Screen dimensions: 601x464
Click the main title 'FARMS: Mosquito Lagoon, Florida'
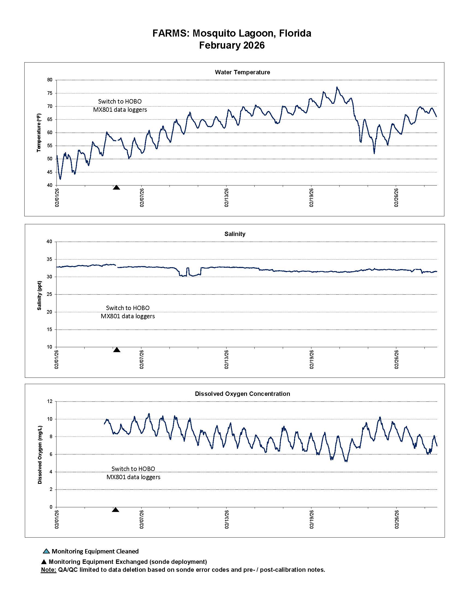pyautogui.click(x=232, y=33)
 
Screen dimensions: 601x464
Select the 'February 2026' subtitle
pyautogui.click(x=232, y=45)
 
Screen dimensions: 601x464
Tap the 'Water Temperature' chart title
pyautogui.click(x=242, y=72)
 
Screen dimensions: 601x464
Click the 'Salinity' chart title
pyautogui.click(x=235, y=234)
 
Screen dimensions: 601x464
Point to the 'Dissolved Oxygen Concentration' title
pyautogui.click(x=242, y=394)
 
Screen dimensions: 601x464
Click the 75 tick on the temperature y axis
pyautogui.click(x=50, y=93)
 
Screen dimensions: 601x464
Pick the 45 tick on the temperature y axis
pyautogui.click(x=50, y=172)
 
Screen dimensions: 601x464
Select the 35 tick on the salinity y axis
pyautogui.click(x=49, y=260)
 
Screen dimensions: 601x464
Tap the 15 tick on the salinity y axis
pyautogui.click(x=49, y=330)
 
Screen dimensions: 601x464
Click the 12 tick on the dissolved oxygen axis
pyautogui.click(x=50, y=402)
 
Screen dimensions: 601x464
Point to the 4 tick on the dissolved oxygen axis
pyautogui.click(x=51, y=472)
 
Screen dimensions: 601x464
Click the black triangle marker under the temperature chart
pyautogui.click(x=117, y=188)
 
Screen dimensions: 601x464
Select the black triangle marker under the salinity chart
pyautogui.click(x=117, y=350)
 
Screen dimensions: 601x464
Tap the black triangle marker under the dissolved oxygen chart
pyautogui.click(x=116, y=510)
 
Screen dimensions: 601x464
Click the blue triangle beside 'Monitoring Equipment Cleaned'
pyautogui.click(x=46, y=551)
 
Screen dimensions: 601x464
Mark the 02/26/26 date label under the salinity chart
pyautogui.click(x=396, y=360)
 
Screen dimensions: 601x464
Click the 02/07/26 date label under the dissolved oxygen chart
pyautogui.click(x=142, y=519)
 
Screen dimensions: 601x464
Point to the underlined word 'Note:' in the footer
pyautogui.click(x=48, y=570)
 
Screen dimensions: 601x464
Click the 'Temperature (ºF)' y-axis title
pyautogui.click(x=39, y=132)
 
